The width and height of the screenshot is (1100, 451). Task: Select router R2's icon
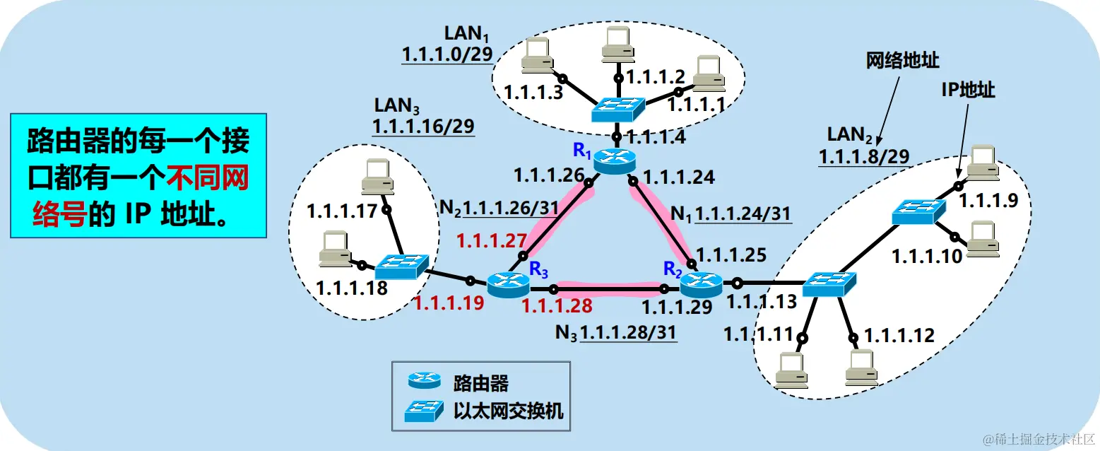click(x=701, y=284)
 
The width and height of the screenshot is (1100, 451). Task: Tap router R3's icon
click(x=508, y=285)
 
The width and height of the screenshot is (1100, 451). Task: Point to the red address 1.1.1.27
click(x=487, y=240)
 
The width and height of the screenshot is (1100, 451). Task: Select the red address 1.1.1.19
click(x=449, y=303)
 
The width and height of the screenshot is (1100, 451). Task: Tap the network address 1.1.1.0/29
click(x=446, y=54)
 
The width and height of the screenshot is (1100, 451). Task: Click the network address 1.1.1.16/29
click(x=423, y=127)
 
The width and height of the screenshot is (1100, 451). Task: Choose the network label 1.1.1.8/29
click(x=864, y=156)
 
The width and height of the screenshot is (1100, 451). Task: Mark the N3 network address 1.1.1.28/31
click(x=627, y=333)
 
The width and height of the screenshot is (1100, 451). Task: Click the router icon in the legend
click(x=424, y=382)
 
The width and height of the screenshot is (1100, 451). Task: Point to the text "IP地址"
click(x=968, y=90)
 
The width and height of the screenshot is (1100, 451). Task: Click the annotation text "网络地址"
click(x=902, y=61)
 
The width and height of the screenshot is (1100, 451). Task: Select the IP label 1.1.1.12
click(x=899, y=335)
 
